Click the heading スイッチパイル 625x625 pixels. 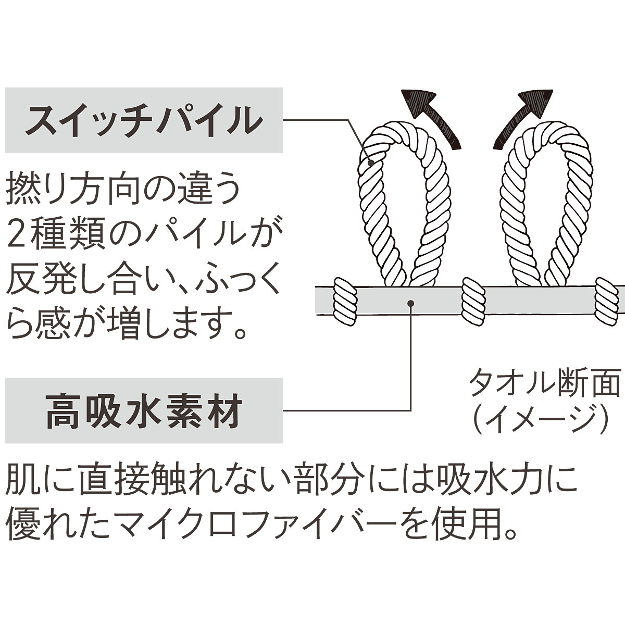point(143,120)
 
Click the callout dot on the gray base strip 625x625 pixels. point(411,302)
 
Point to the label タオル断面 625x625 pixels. point(545,384)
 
